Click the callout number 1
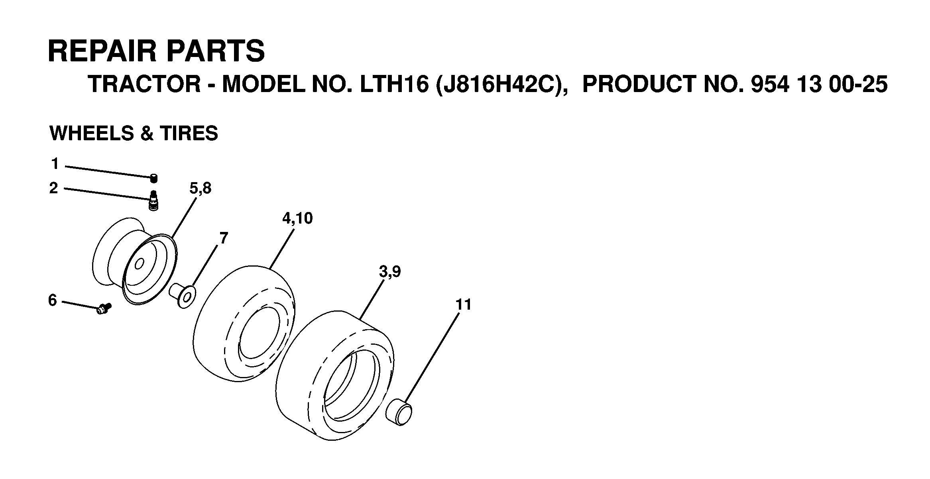tap(55, 164)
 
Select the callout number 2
tap(54, 188)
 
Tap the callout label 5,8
tap(200, 188)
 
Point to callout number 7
tap(224, 238)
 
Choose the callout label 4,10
tap(297, 219)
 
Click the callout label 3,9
tap(390, 272)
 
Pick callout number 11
tap(463, 305)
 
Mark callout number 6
tap(53, 300)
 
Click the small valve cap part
tap(153, 178)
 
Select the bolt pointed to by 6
tap(104, 308)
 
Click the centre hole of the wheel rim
tap(139, 264)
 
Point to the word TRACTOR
tap(144, 84)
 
